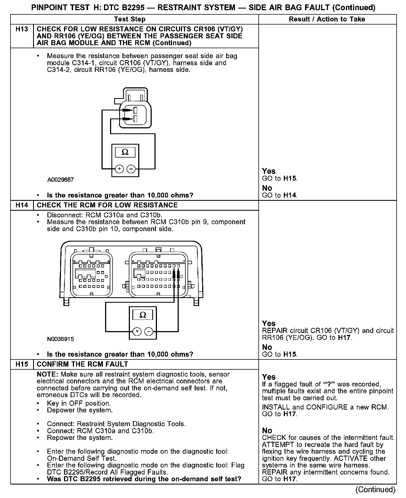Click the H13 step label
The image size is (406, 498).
click(x=22, y=29)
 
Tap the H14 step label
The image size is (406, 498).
click(x=22, y=205)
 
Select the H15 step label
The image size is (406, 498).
click(x=22, y=364)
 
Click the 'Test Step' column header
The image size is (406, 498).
click(x=130, y=19)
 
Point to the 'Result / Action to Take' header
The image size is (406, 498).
click(x=327, y=19)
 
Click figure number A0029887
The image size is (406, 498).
click(x=60, y=180)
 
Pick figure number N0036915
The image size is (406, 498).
click(x=60, y=339)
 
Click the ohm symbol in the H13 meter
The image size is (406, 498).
click(x=125, y=152)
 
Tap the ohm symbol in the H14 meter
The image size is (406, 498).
click(x=143, y=315)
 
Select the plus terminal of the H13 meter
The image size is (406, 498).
click(x=119, y=169)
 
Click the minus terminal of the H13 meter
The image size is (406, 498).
click(x=131, y=169)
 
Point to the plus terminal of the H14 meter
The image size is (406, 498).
click(x=137, y=331)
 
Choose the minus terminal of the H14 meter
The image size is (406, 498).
click(x=149, y=331)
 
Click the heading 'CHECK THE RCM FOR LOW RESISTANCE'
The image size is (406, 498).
click(x=107, y=205)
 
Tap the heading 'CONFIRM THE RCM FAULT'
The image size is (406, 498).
click(x=82, y=364)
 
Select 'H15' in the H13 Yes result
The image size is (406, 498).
click(x=290, y=178)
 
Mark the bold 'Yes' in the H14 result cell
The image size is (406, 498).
click(x=269, y=323)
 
